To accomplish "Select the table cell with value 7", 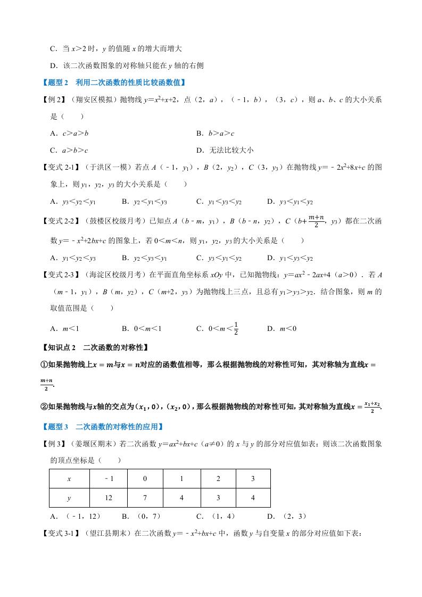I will [145, 497].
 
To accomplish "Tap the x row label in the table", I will [69, 479].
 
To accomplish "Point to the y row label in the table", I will [69, 497].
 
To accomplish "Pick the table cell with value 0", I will [145, 479].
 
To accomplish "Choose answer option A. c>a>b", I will [69, 134].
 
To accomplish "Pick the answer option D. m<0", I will [282, 328].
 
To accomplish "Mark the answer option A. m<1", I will [64, 328].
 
